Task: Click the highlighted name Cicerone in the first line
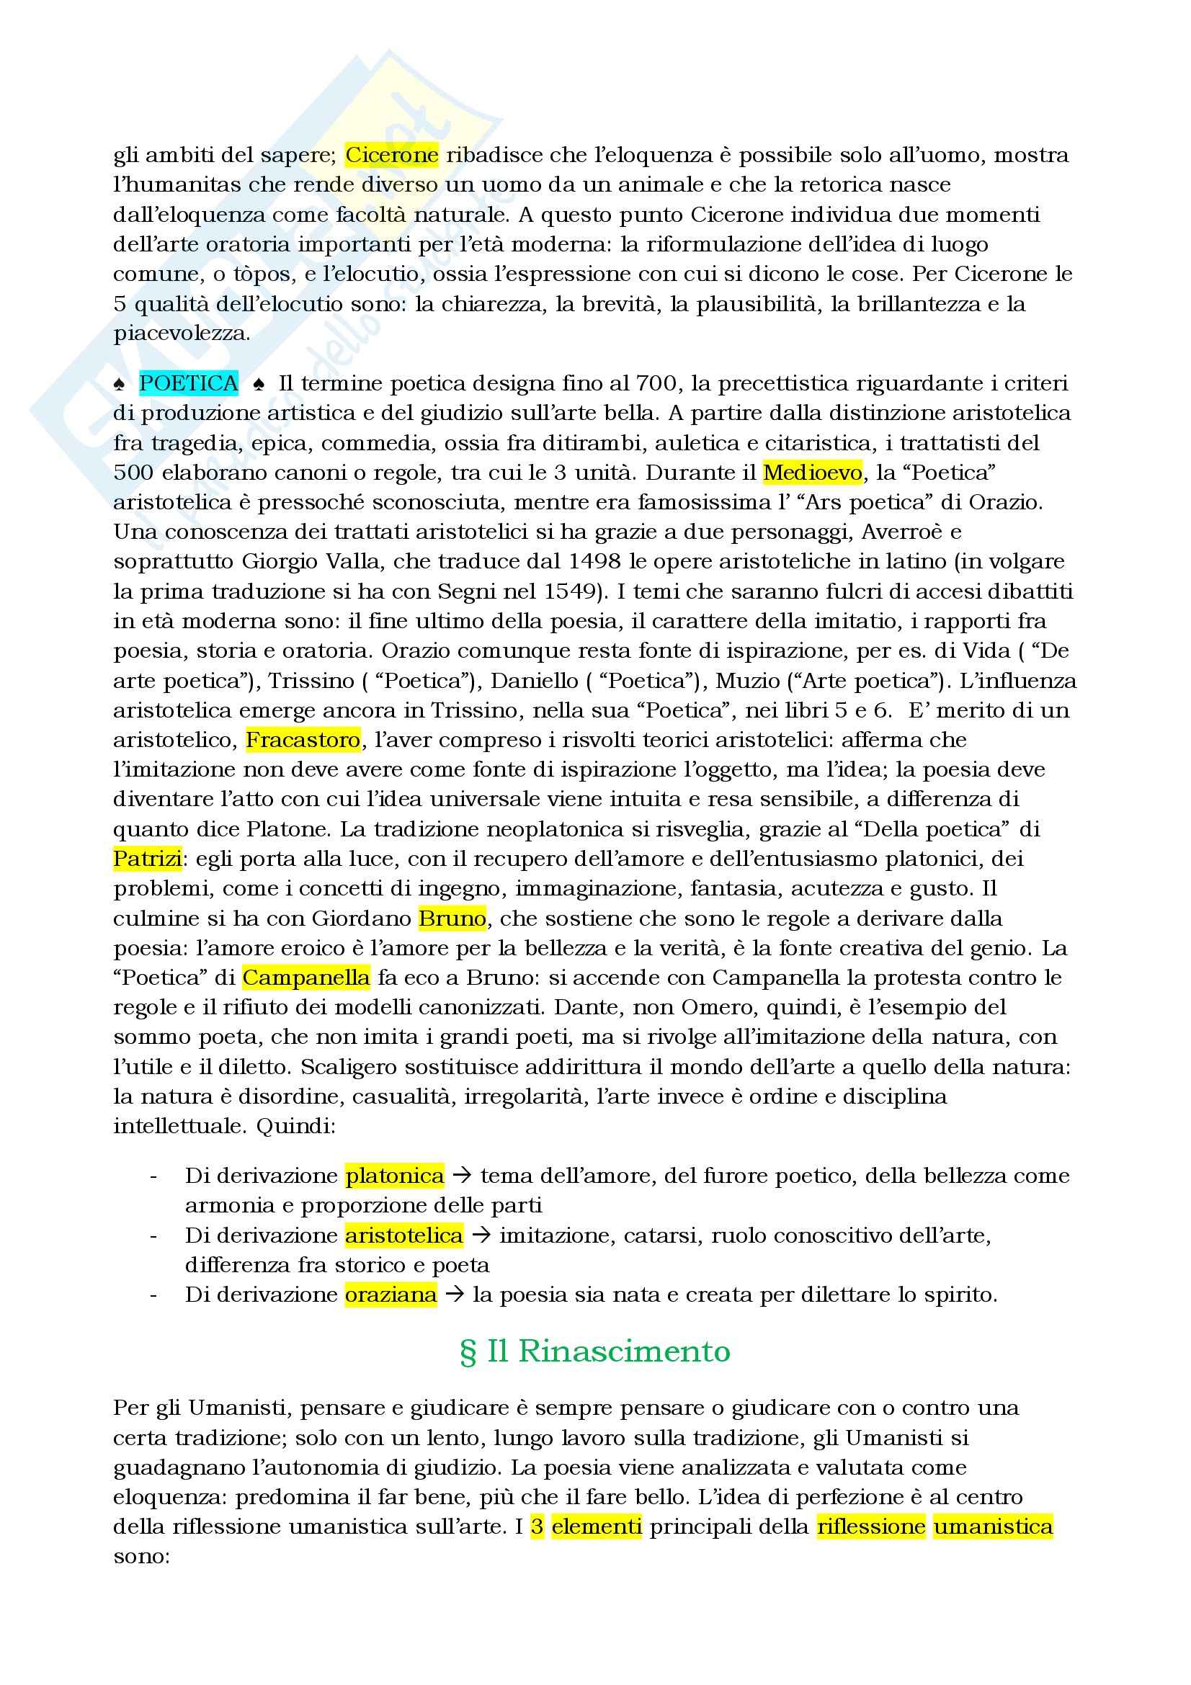point(392,155)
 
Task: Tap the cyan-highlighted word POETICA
point(189,383)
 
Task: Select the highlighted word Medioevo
point(812,473)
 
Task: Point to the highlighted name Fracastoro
point(303,740)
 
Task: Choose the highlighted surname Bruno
point(452,918)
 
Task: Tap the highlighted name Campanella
point(306,978)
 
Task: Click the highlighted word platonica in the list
point(395,1176)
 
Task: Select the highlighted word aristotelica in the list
point(404,1235)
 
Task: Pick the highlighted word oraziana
point(391,1295)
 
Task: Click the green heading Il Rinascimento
point(595,1351)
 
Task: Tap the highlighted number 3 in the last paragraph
point(537,1527)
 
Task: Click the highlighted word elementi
point(597,1527)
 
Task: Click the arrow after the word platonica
point(462,1176)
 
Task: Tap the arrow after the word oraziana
point(454,1295)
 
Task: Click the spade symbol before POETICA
point(120,384)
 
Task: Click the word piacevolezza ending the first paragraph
point(182,334)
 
